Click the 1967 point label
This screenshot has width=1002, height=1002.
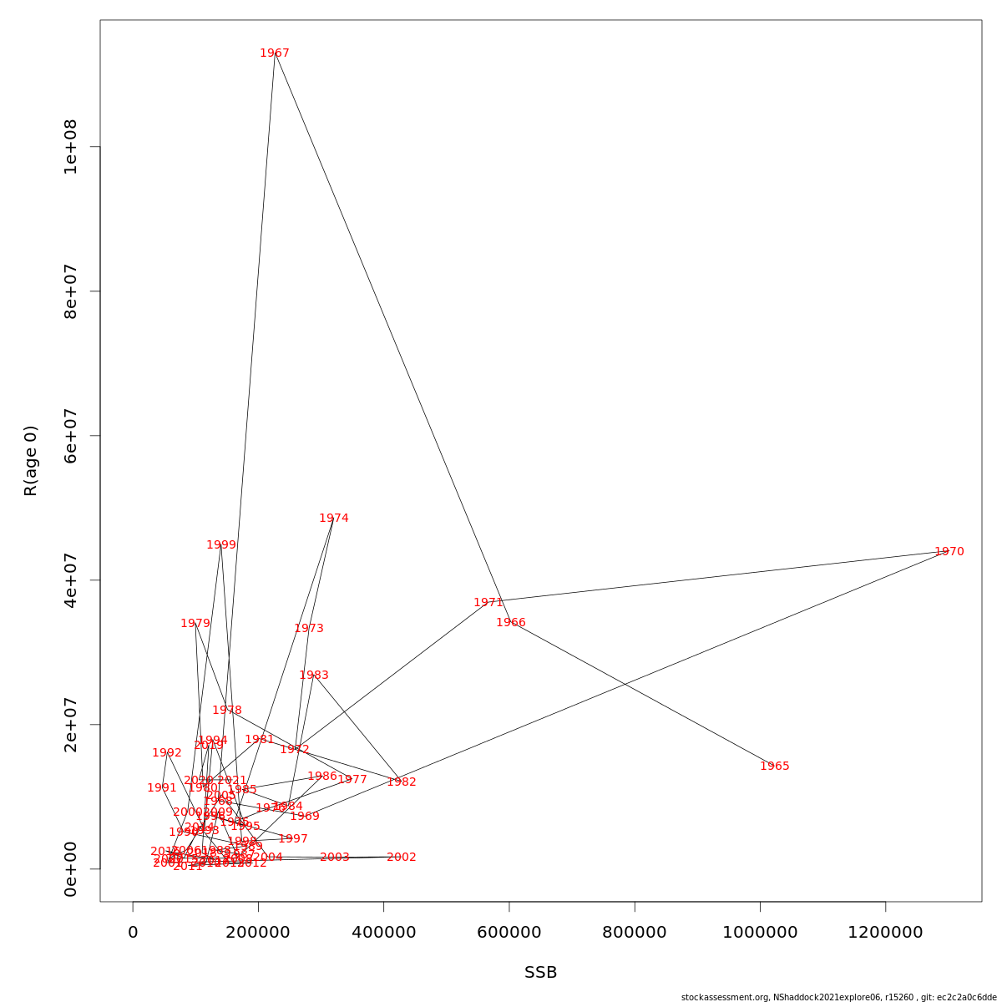click(x=275, y=53)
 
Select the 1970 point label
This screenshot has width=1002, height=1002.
click(x=949, y=552)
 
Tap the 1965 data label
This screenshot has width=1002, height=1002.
click(x=774, y=767)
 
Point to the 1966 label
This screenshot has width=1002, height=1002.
click(x=511, y=623)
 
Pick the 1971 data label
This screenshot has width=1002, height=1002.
click(x=488, y=603)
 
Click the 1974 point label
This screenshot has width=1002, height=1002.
click(x=334, y=519)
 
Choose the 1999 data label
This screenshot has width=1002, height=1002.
click(x=221, y=545)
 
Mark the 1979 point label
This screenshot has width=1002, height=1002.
click(x=195, y=624)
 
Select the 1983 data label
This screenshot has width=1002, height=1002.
click(x=314, y=676)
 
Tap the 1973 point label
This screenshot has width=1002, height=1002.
click(x=309, y=629)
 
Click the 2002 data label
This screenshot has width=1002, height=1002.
click(x=402, y=858)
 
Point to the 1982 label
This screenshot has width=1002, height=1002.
click(x=402, y=782)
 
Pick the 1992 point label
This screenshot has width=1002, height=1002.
click(x=167, y=753)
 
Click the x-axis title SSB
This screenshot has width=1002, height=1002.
click(x=540, y=973)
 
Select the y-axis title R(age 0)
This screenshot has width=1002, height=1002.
click(x=31, y=461)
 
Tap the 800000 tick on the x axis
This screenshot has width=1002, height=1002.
click(x=635, y=933)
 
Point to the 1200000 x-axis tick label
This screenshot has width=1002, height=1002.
click(x=885, y=933)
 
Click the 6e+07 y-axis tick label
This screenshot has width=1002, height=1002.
click(x=71, y=436)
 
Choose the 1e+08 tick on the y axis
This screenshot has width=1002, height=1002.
click(x=71, y=147)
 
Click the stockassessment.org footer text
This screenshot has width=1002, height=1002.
click(x=838, y=997)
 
